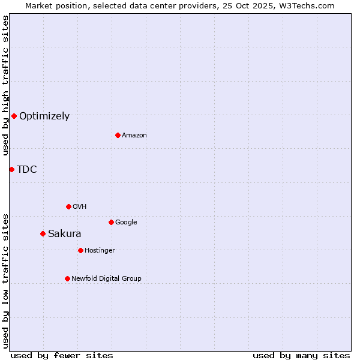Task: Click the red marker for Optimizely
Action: point(14,116)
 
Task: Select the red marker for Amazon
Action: point(118,135)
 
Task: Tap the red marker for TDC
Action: point(11,169)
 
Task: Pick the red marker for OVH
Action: point(68,206)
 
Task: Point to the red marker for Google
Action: point(111,222)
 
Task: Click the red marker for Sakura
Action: point(43,233)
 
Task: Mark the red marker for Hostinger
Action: point(80,250)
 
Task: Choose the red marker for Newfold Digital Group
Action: point(67,278)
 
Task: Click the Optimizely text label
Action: point(44,116)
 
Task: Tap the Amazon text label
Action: point(134,136)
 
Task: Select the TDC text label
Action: point(27,170)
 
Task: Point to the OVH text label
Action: point(80,207)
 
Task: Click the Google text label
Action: point(126,223)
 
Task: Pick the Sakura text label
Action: point(64,234)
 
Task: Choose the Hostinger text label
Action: point(100,251)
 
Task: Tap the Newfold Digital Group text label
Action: point(106,279)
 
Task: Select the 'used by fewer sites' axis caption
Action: point(62,355)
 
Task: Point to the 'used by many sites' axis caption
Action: point(301,355)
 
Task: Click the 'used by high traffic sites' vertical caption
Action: point(5,86)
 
